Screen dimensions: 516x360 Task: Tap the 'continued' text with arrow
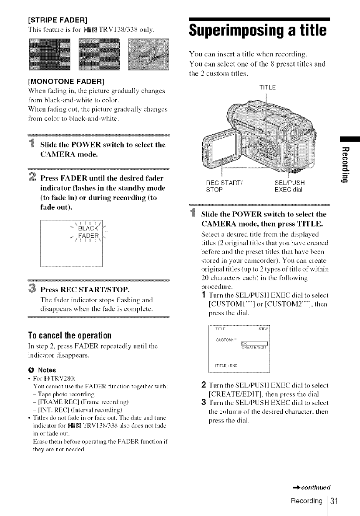[x=315, y=486]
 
